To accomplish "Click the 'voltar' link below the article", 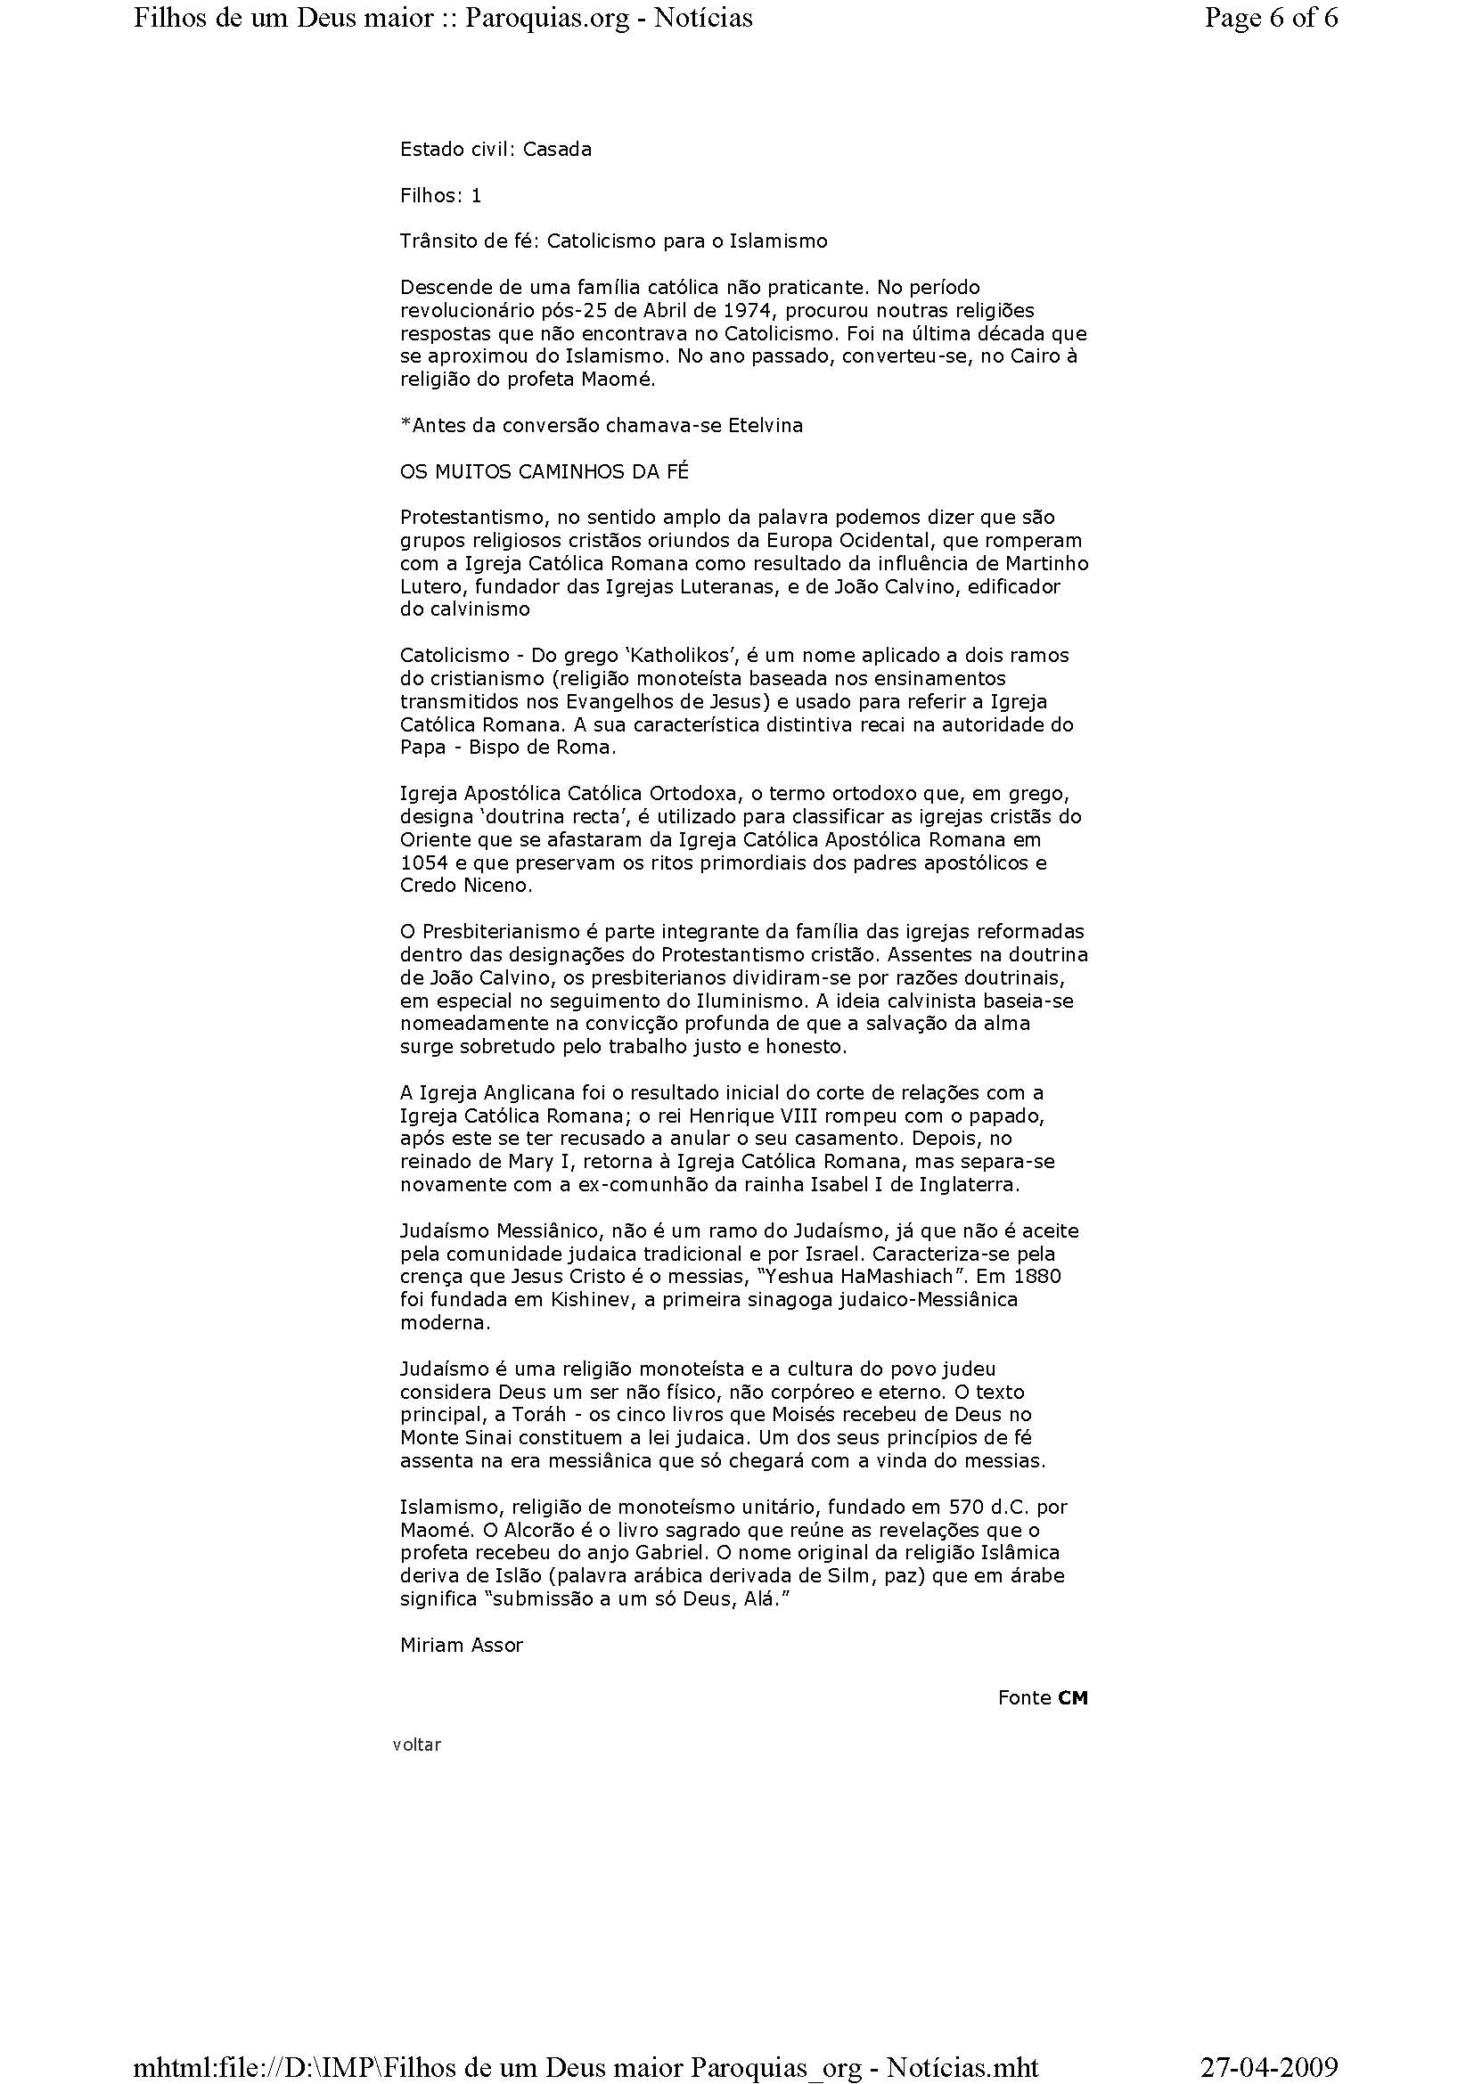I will (x=416, y=1745).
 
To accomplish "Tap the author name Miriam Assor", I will (x=461, y=1645).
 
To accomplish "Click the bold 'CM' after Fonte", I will (x=1072, y=1698).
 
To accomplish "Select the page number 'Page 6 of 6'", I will (x=1271, y=18).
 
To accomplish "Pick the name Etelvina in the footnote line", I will (x=766, y=425).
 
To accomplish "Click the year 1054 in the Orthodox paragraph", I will (x=421, y=862).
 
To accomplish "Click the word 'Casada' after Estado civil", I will (x=557, y=149).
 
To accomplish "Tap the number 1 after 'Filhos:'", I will (x=477, y=195).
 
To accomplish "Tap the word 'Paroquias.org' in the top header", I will (x=547, y=18).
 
